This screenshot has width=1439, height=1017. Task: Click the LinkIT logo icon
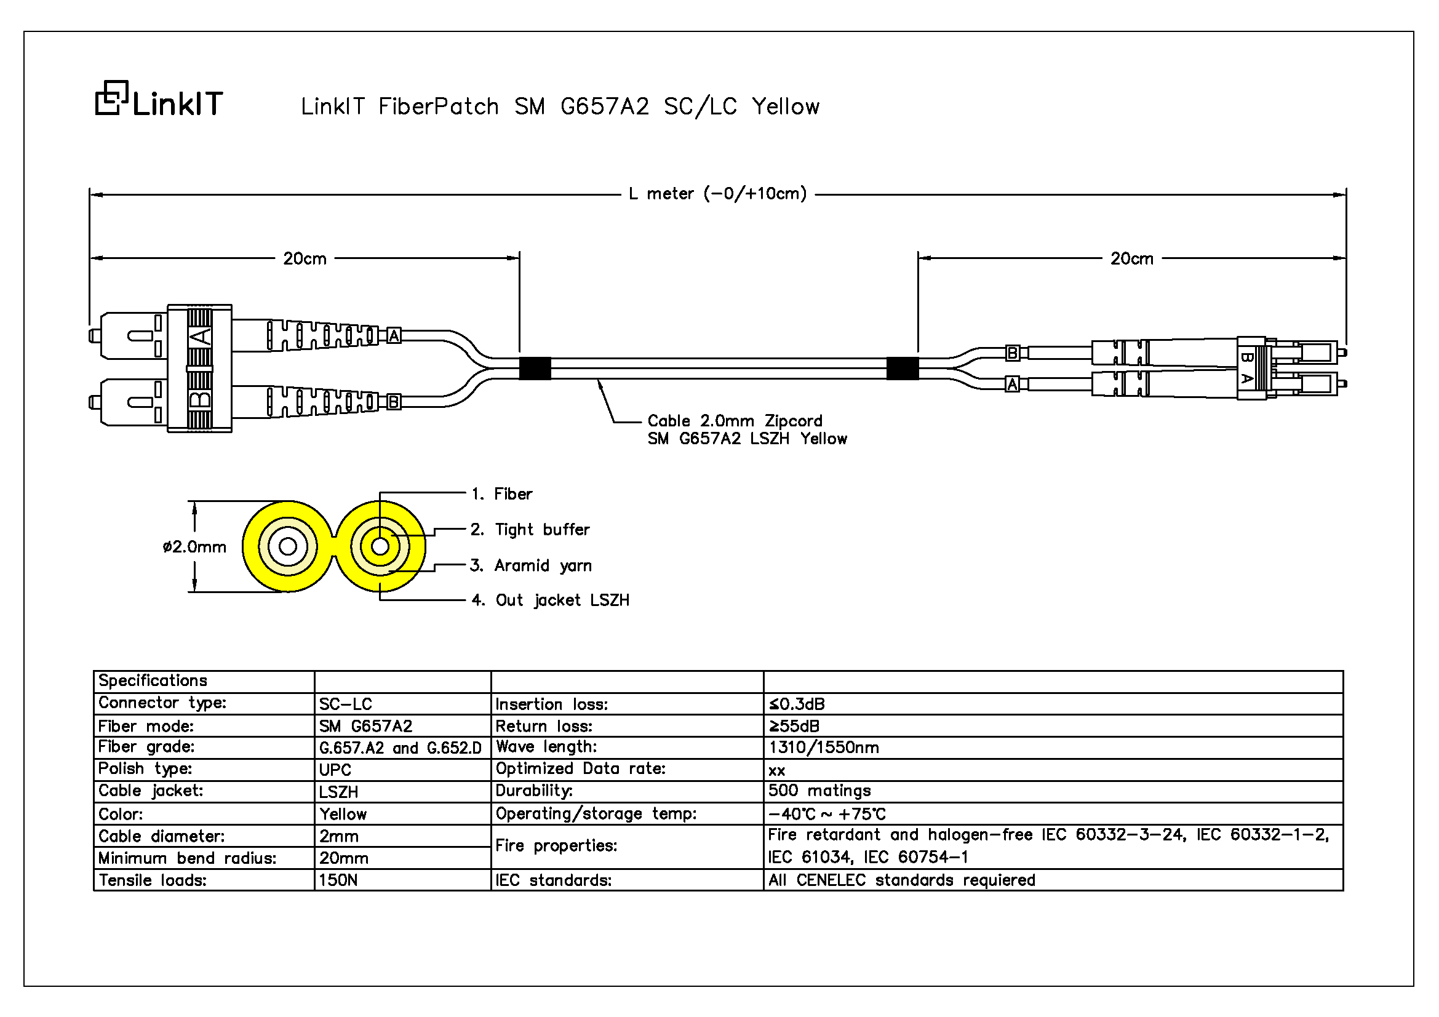tap(111, 98)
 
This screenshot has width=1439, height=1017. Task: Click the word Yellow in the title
tap(785, 106)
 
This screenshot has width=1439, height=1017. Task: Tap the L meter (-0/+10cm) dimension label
tap(717, 194)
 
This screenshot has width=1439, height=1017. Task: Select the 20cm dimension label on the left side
tap(305, 258)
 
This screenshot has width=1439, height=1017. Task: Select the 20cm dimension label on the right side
tap(1131, 258)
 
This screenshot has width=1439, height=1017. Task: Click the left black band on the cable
tap(535, 369)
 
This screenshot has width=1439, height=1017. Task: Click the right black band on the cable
tap(903, 369)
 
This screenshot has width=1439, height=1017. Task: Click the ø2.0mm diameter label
tap(194, 547)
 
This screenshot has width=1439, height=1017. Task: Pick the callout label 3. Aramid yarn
tap(531, 565)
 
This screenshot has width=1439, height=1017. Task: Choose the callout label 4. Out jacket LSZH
tap(550, 600)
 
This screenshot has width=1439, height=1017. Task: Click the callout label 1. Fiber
tap(502, 494)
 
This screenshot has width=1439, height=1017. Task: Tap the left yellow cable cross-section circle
tap(288, 546)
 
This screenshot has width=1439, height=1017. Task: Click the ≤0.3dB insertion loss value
tap(797, 704)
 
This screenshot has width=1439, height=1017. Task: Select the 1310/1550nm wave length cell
tap(824, 748)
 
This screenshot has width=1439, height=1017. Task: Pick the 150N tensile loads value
tap(338, 880)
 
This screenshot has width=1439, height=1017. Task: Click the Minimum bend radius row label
tap(188, 858)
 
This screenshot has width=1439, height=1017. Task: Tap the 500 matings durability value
tap(819, 791)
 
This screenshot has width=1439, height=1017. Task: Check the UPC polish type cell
tap(335, 770)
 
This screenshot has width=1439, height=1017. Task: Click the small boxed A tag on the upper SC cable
tap(394, 336)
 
